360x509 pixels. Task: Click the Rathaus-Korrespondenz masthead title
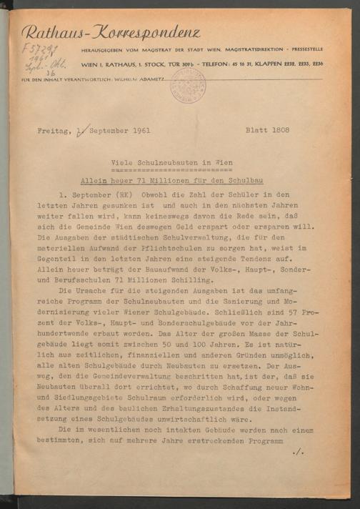pyautogui.click(x=111, y=32)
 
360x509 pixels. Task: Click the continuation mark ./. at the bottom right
pyautogui.click(x=299, y=453)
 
